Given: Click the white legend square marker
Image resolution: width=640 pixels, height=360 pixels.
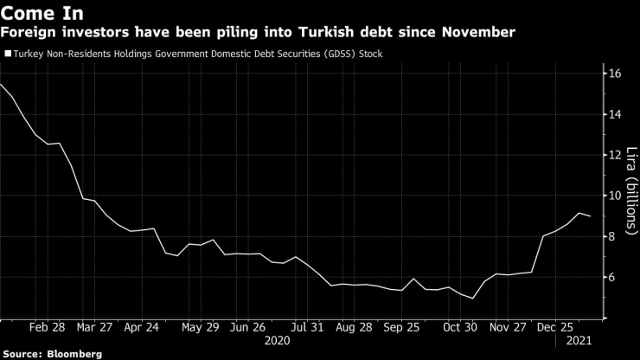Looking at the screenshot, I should tap(8, 54).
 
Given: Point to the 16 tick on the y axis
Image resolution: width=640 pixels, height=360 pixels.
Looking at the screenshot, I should tap(616, 74).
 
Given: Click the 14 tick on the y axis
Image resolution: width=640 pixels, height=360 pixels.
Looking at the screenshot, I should tap(616, 114).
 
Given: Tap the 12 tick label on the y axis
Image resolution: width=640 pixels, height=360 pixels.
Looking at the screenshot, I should tap(616, 155).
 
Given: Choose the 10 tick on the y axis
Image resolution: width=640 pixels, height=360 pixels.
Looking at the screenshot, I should tap(616, 196).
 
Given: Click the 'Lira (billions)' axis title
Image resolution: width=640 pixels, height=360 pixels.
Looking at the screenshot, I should tap(630, 196).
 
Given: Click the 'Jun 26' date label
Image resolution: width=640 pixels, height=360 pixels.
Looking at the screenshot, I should tap(248, 328).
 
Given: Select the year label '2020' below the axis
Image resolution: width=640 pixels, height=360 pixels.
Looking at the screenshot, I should tap(277, 341).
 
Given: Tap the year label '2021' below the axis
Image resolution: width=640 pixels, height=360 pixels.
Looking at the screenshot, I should tap(579, 341).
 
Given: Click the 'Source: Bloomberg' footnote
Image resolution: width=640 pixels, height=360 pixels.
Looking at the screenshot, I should tap(53, 354).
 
